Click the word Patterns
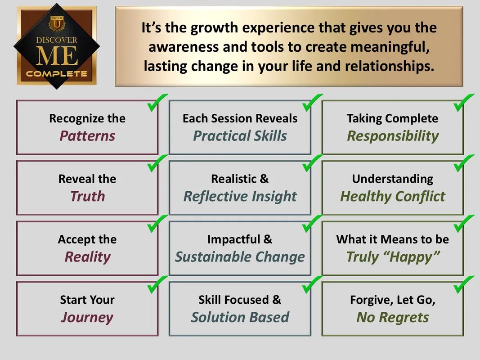pos(87,136)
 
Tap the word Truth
pos(88,196)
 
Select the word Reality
pos(88,257)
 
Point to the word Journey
pos(87,318)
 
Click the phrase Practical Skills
pos(240,136)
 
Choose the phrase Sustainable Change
pos(240,257)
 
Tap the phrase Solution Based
pos(240,317)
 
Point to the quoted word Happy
pos(411,257)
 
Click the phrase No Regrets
pos(393,318)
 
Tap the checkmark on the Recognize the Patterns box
pos(157,103)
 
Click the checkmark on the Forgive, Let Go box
pos(464,284)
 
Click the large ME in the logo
pos(57,56)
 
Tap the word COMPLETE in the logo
pos(57,74)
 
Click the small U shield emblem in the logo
pos(57,24)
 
